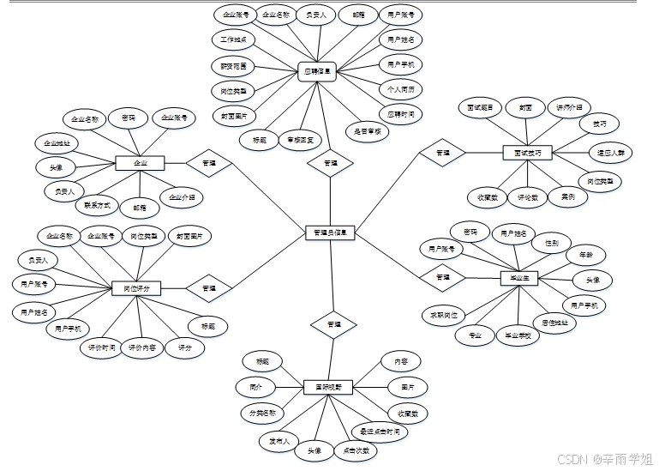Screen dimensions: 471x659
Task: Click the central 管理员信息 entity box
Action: click(x=330, y=232)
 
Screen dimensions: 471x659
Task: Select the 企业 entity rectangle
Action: click(x=140, y=162)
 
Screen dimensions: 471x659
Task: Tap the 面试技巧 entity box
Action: click(x=527, y=152)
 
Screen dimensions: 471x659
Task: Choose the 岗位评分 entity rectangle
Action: click(x=136, y=289)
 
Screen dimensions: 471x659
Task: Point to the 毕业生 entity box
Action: click(x=519, y=277)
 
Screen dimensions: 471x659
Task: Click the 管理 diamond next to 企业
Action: click(x=208, y=162)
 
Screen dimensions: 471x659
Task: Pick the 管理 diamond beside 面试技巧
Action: click(x=443, y=153)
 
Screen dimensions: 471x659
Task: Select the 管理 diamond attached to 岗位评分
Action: click(x=208, y=288)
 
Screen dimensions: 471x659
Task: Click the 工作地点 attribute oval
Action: click(x=234, y=39)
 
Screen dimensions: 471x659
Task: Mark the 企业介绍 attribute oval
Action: click(x=181, y=197)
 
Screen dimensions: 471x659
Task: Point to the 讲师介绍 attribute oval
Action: click(x=567, y=107)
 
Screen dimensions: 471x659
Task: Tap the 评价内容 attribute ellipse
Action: click(x=142, y=347)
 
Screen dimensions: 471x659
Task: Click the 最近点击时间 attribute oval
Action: click(x=380, y=432)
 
